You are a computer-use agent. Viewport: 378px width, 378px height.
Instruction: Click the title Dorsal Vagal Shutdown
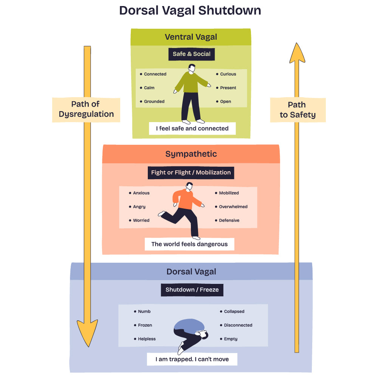click(x=190, y=10)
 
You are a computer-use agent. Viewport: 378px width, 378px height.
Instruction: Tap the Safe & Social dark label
click(x=192, y=54)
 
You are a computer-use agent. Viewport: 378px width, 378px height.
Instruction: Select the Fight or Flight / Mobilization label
click(x=191, y=172)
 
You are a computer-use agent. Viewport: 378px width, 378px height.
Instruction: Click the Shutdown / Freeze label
click(x=192, y=290)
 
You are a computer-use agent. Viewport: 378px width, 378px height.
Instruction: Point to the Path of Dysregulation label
click(x=86, y=110)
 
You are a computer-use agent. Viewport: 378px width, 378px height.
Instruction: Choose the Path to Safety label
click(x=297, y=110)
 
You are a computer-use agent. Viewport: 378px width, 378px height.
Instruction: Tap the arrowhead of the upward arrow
click(x=297, y=55)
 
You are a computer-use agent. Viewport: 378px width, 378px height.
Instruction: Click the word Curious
click(x=228, y=74)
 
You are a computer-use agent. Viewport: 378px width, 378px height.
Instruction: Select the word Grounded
click(x=154, y=101)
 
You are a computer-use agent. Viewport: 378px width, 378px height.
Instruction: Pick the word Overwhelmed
click(x=233, y=207)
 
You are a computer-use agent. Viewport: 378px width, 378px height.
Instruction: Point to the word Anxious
click(x=141, y=193)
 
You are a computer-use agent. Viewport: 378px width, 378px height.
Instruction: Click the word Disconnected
click(x=238, y=325)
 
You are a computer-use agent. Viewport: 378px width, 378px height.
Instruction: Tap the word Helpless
click(x=147, y=339)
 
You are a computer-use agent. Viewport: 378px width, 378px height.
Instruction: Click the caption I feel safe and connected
click(x=192, y=129)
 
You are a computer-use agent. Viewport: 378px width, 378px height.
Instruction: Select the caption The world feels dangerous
click(x=189, y=244)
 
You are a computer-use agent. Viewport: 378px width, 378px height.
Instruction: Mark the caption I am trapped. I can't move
click(x=192, y=359)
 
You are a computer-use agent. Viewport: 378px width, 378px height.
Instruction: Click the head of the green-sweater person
click(x=192, y=68)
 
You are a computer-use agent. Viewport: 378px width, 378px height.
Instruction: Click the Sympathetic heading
click(x=191, y=154)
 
